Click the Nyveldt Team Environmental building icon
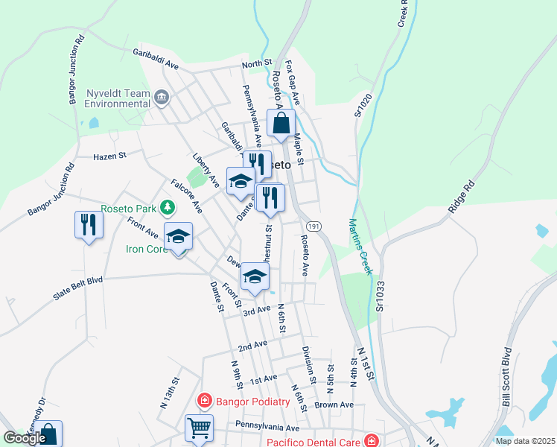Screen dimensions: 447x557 coord(162,96)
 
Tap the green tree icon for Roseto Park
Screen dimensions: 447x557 coord(170,207)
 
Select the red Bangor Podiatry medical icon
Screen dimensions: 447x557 coord(203,402)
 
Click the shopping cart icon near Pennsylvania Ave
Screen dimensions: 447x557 coord(199,428)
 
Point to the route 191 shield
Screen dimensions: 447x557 coord(312,226)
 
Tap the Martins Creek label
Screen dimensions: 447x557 coord(360,247)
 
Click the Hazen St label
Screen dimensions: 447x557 coord(110,156)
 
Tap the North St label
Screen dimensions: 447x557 coord(256,64)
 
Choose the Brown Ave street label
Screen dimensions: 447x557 coord(334,405)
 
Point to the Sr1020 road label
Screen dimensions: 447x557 coord(362,101)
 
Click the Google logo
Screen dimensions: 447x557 coord(25,438)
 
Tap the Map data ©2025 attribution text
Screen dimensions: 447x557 coord(524,441)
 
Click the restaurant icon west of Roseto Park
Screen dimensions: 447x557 coord(88,223)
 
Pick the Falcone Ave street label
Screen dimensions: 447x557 coord(186,196)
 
